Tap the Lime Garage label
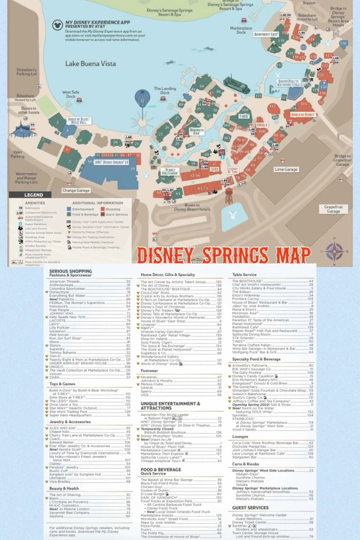click(286, 169)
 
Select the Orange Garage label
click(76, 190)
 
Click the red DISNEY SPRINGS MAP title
click(224, 255)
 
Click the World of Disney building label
click(303, 114)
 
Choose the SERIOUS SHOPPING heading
click(70, 271)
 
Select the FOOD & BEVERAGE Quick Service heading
click(161, 470)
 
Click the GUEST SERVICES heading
click(250, 508)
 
